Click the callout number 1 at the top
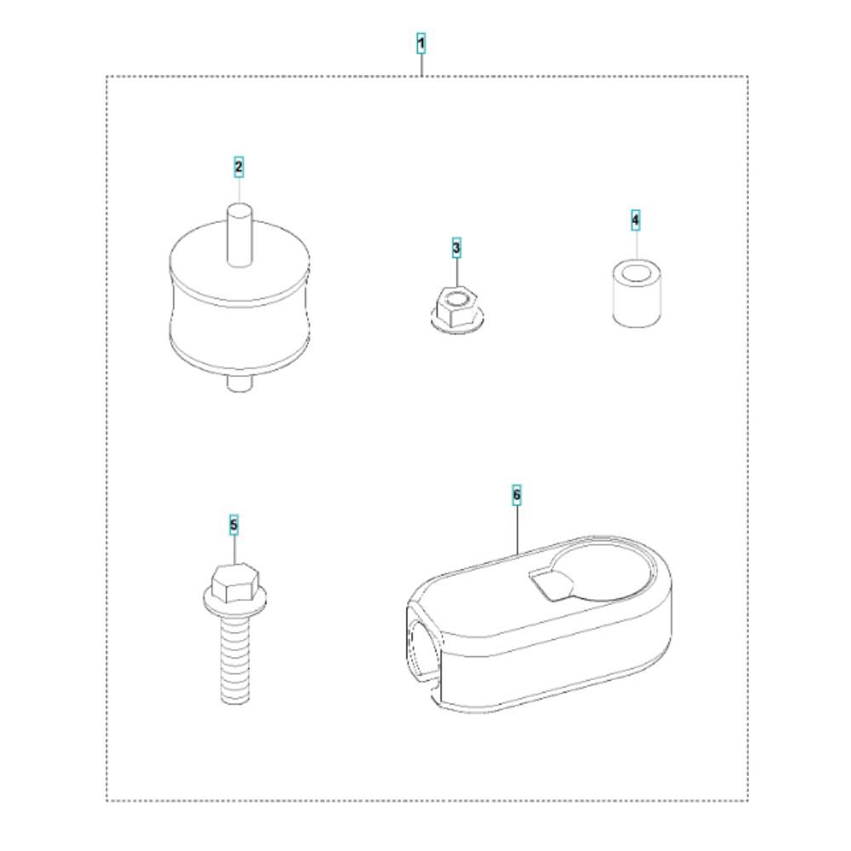click(x=421, y=43)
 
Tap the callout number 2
click(x=239, y=167)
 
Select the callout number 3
click(x=456, y=248)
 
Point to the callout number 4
click(x=636, y=220)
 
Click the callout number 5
click(x=234, y=525)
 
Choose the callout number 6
click(x=517, y=494)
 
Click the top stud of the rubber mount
click(x=239, y=235)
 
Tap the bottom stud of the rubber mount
click(x=239, y=383)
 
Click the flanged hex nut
click(x=456, y=310)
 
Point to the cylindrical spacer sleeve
click(x=637, y=294)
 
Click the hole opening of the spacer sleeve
click(x=637, y=271)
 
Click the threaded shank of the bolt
click(x=235, y=661)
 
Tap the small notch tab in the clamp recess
click(x=551, y=585)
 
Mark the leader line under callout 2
click(x=239, y=190)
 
